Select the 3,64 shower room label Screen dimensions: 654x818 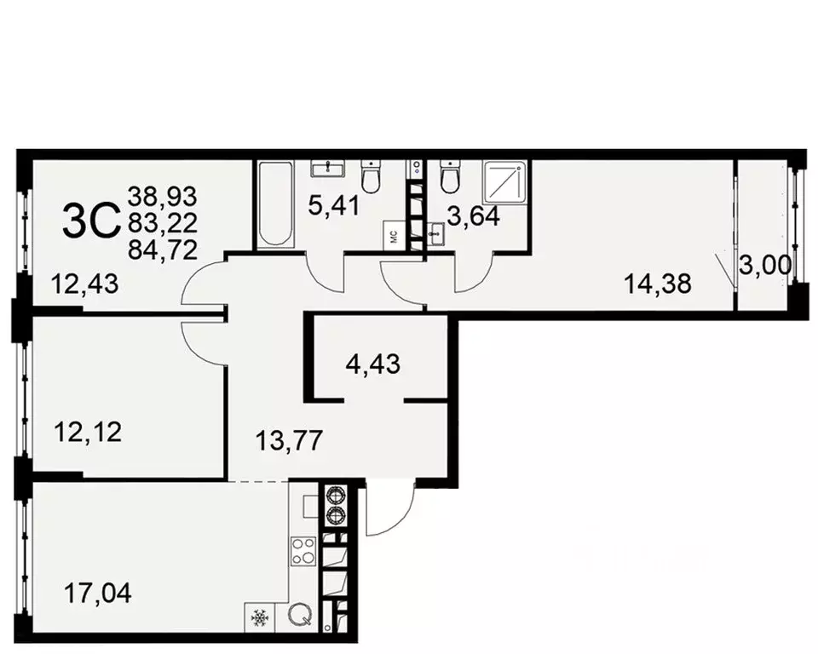[473, 218]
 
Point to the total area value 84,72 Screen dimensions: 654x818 [162, 250]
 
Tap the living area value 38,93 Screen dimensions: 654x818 [162, 196]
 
